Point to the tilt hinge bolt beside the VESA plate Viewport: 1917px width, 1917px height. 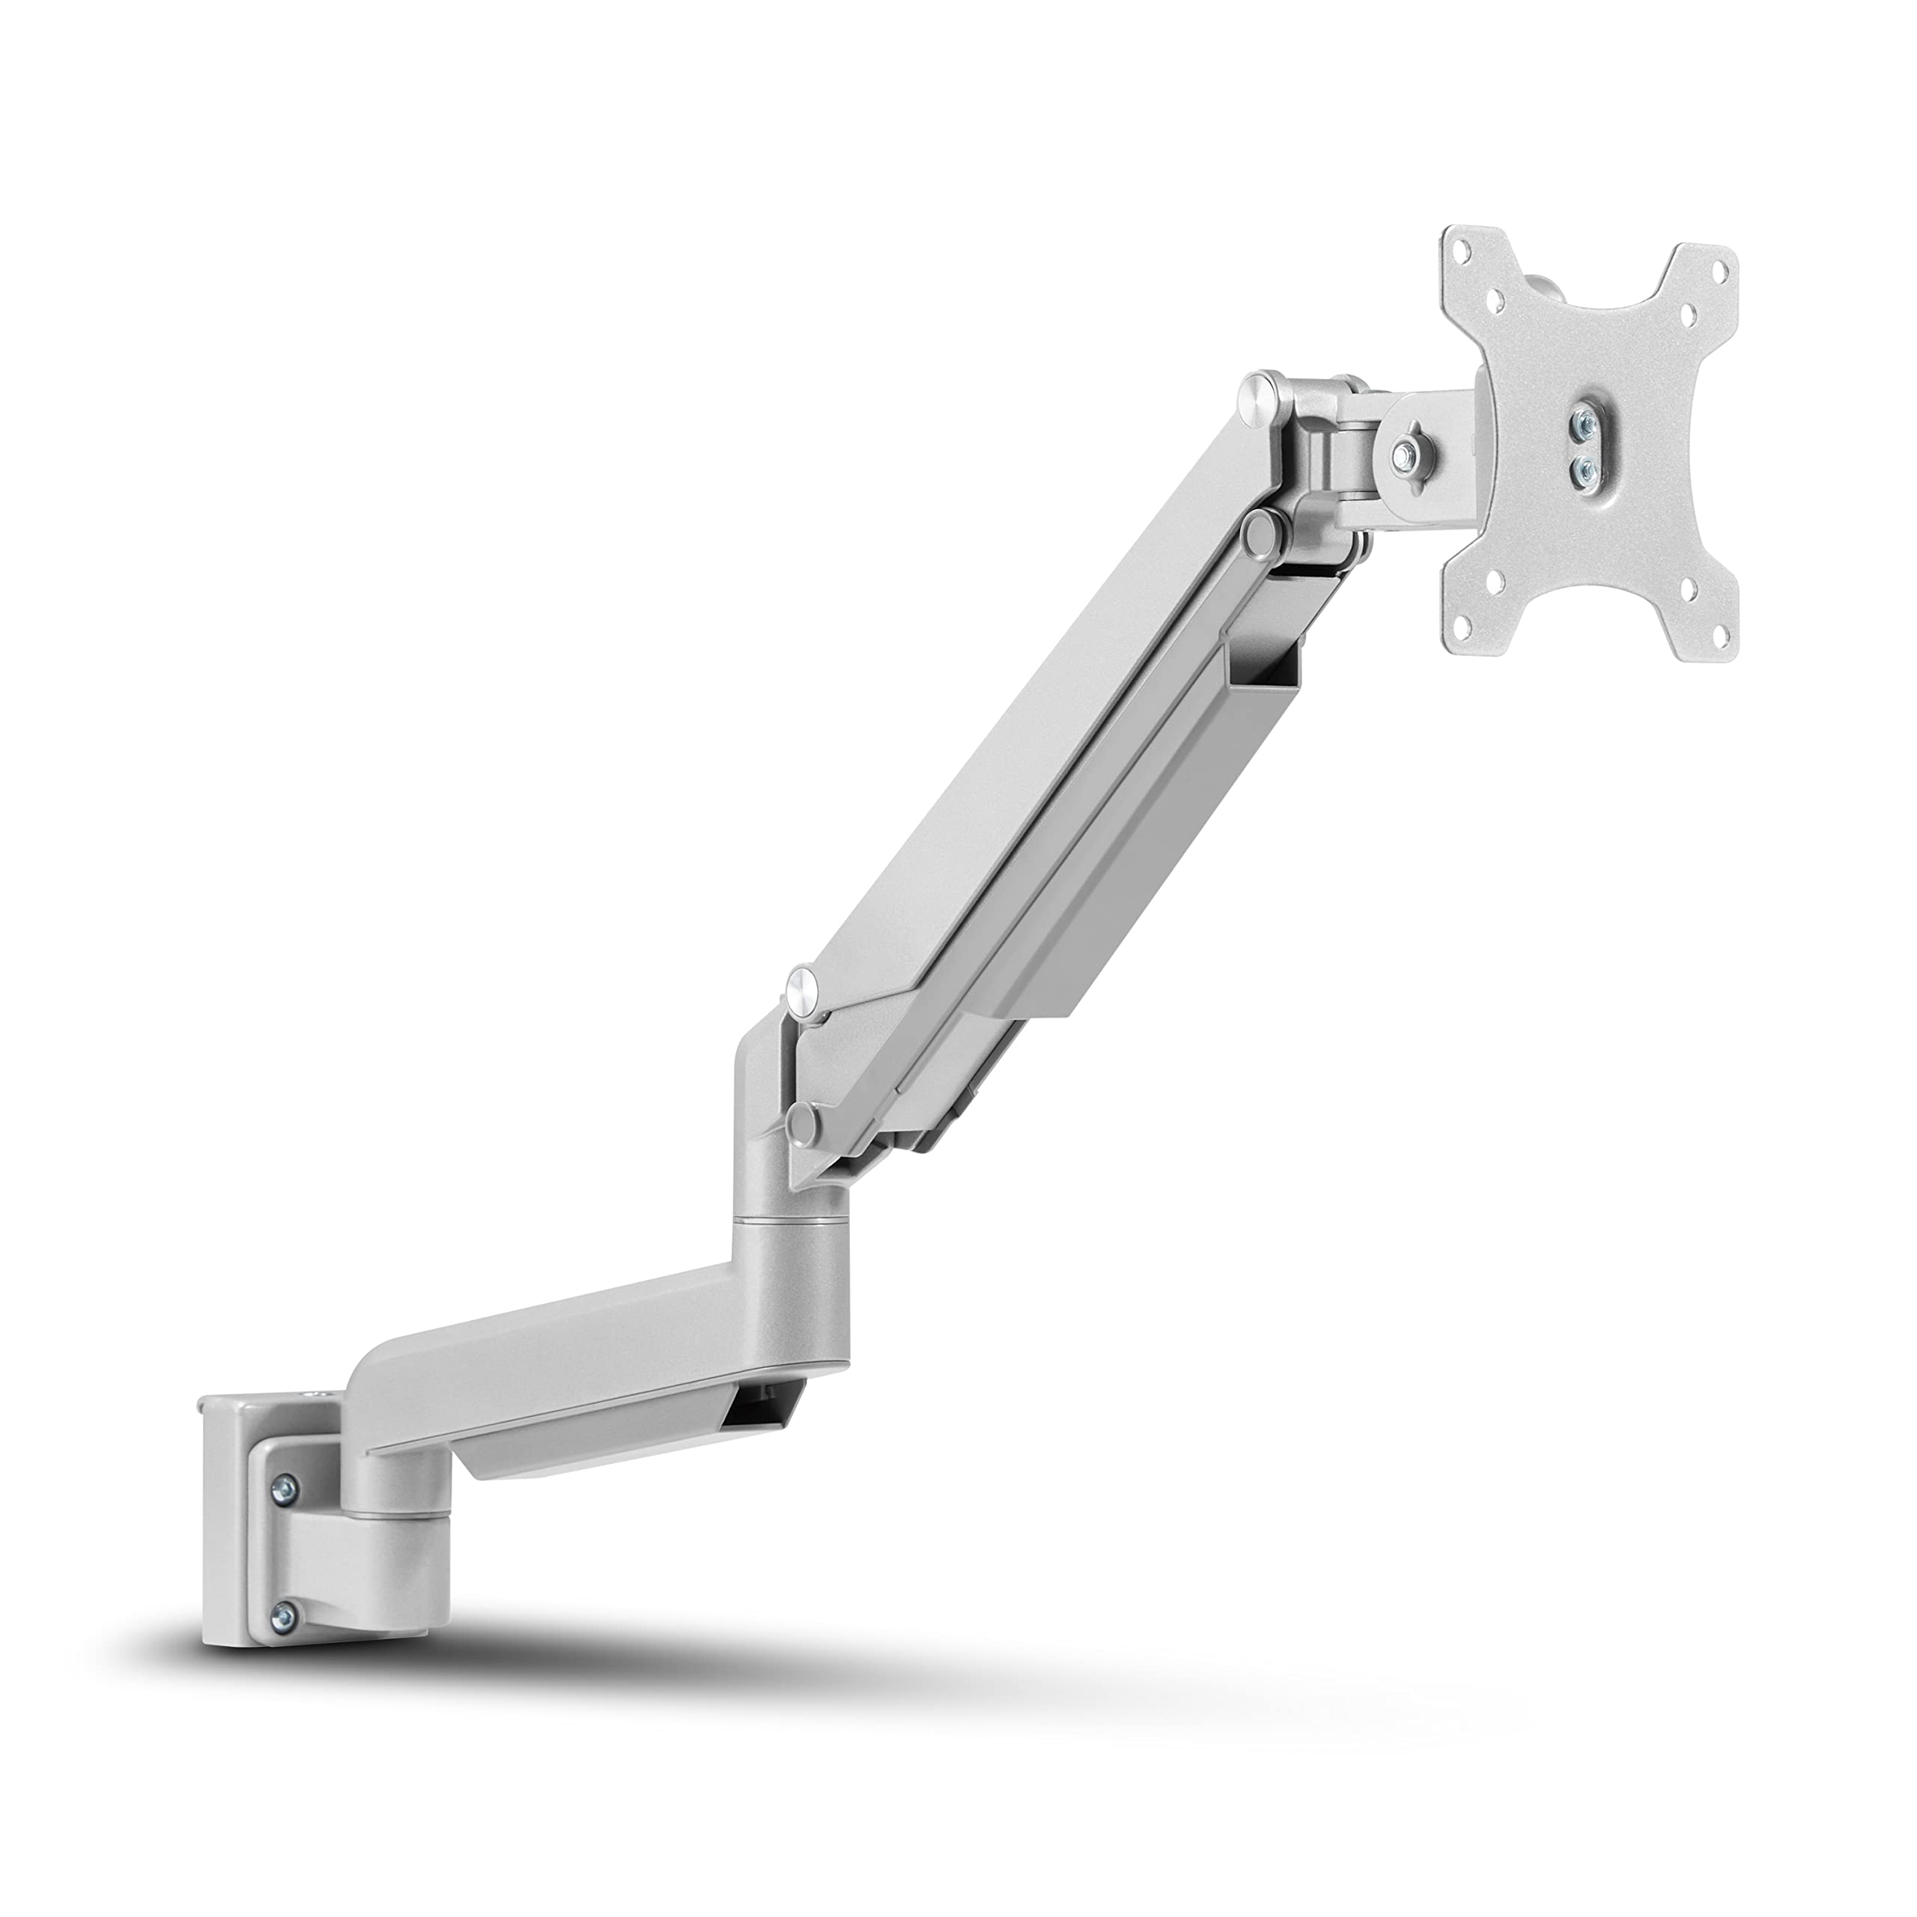[1407, 457]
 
